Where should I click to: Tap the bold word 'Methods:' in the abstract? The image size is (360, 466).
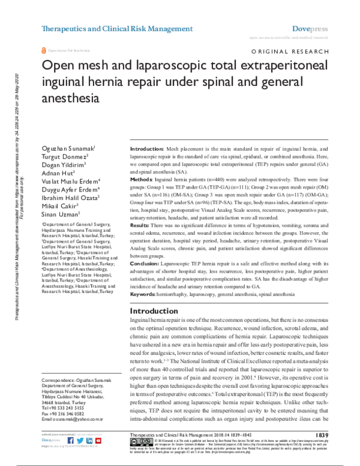click(x=142, y=179)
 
